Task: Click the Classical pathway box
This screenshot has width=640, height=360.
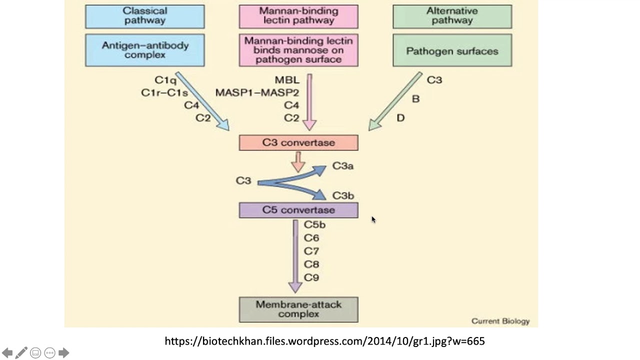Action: (x=144, y=16)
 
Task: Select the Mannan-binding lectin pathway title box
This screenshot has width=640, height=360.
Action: (x=298, y=16)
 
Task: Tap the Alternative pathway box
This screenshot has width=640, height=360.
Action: (x=452, y=16)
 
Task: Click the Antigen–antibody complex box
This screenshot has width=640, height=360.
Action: (x=144, y=50)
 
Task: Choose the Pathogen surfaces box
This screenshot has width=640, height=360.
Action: (x=452, y=50)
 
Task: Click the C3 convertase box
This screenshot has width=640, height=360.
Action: (x=298, y=142)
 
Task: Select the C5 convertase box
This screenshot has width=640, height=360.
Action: (x=298, y=210)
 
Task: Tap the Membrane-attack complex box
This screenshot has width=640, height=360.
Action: (x=298, y=309)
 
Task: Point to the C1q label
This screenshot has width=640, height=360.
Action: (x=165, y=80)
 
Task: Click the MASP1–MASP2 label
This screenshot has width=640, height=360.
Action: (x=257, y=93)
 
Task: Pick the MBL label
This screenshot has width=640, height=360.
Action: (x=287, y=80)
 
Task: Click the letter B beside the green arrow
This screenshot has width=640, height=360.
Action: (x=415, y=99)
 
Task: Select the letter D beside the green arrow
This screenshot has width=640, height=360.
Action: (x=400, y=118)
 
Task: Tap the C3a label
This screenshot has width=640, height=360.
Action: (x=343, y=166)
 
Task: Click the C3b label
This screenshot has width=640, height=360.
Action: (x=343, y=196)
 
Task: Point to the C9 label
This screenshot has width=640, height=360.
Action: (x=311, y=277)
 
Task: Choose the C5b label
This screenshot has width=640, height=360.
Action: (x=314, y=224)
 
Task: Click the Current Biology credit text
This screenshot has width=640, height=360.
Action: (x=500, y=321)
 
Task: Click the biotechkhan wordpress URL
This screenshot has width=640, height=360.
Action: (x=324, y=341)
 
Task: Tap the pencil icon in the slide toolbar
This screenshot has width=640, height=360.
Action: (x=21, y=353)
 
